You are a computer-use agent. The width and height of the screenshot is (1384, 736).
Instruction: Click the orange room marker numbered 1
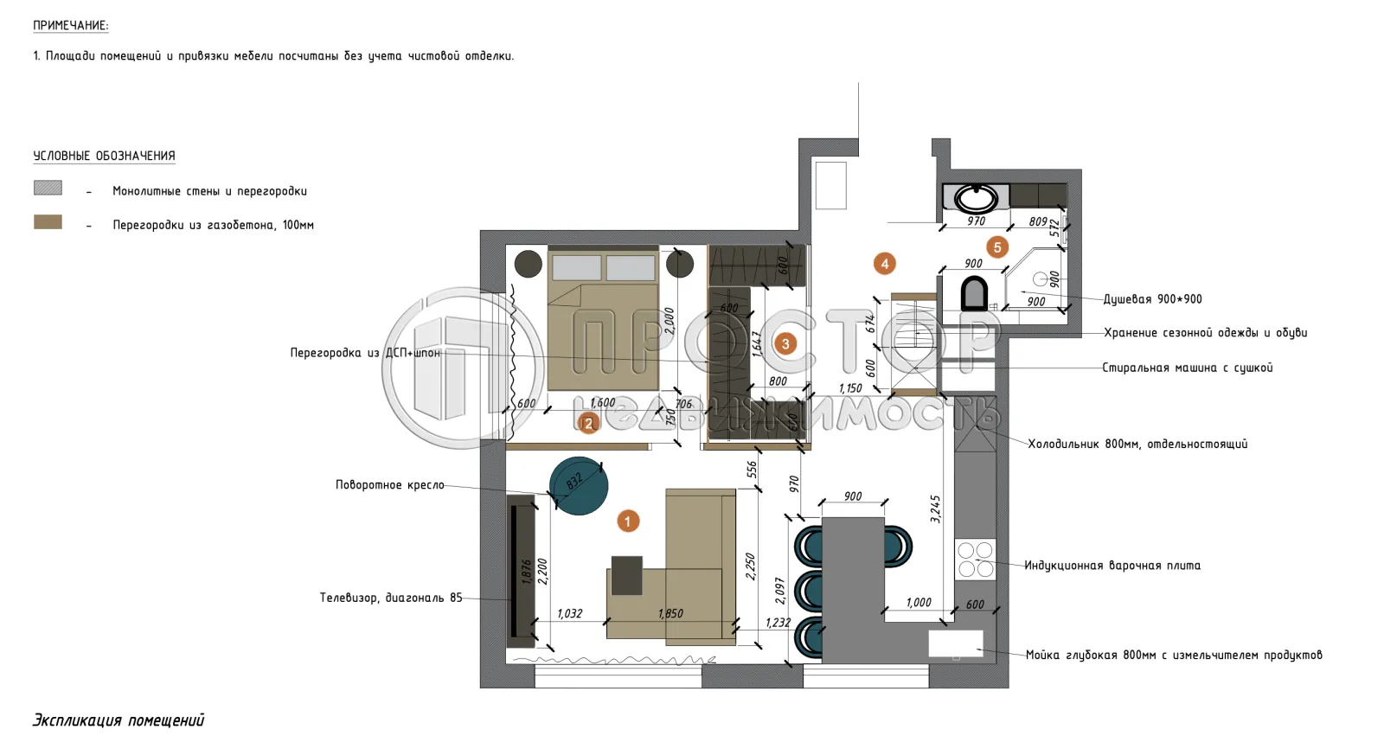click(628, 521)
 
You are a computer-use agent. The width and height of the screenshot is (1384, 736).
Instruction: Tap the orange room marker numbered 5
click(997, 247)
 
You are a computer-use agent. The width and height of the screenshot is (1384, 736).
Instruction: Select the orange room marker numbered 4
click(884, 263)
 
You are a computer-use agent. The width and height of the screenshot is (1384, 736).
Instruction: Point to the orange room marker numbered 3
click(785, 343)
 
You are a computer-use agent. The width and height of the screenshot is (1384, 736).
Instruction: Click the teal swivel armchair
click(579, 485)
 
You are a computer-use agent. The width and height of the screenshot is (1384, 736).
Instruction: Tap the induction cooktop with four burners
click(975, 560)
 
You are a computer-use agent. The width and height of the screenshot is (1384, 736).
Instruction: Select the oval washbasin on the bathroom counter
click(976, 198)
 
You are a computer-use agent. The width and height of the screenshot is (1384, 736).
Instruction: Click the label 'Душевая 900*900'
click(1152, 299)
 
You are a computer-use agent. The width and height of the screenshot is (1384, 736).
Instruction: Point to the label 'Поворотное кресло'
click(389, 485)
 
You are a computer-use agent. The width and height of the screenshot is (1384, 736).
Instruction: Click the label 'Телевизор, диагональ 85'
click(391, 598)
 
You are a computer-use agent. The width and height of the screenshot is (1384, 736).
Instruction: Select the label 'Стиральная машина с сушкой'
click(1187, 368)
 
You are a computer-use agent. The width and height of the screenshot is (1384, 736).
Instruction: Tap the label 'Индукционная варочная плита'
click(1112, 566)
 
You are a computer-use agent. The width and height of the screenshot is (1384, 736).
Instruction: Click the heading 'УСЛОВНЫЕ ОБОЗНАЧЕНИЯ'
click(104, 156)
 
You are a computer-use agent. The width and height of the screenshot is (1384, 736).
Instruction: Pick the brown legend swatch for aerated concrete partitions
click(48, 222)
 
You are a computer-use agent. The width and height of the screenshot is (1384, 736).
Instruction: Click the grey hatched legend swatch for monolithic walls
click(48, 188)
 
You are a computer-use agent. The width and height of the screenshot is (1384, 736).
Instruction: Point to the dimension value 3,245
click(935, 509)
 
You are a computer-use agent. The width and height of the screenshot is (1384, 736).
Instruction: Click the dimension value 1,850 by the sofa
click(670, 613)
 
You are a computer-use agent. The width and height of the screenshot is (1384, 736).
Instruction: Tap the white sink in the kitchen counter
click(955, 643)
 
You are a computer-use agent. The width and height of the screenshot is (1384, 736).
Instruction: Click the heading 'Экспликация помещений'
click(119, 720)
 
